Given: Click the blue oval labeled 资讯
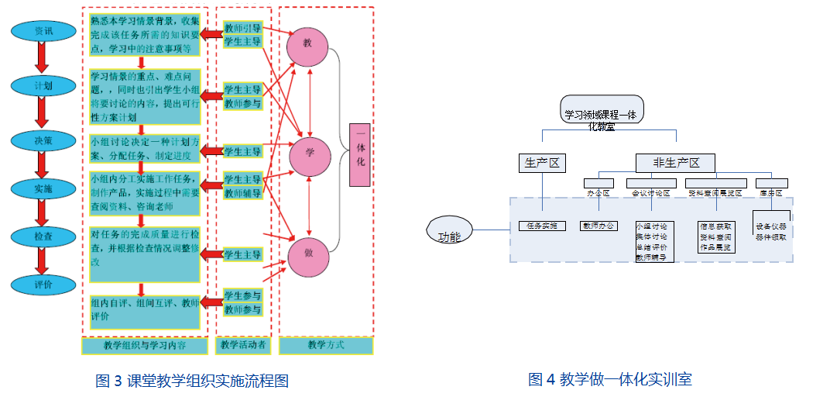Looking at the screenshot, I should (x=43, y=31).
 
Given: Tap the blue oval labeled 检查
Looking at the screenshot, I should (x=43, y=235).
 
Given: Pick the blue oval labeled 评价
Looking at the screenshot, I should (x=43, y=285).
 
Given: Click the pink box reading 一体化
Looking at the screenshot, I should (x=360, y=154).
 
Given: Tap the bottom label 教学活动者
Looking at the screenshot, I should (x=243, y=345).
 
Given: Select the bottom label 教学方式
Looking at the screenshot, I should (x=326, y=345).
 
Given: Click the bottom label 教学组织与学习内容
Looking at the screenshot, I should (x=144, y=345).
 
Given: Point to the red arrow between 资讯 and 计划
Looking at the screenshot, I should (x=43, y=57).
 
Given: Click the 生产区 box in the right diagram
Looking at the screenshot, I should (x=542, y=162).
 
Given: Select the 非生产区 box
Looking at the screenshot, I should (x=675, y=162).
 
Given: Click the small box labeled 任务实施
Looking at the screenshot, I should (x=542, y=226).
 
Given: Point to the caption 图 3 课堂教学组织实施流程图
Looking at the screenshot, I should (x=192, y=380).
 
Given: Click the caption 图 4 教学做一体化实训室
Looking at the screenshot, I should (x=609, y=379).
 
